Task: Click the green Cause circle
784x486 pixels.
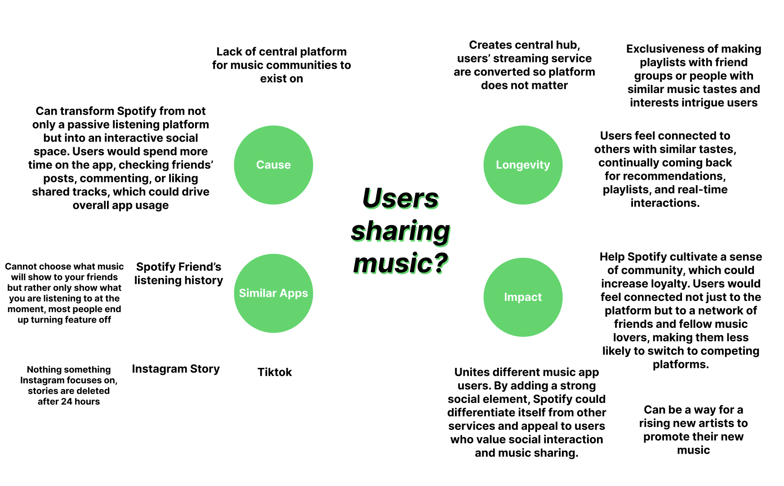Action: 273,165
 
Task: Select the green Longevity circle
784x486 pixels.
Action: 523,165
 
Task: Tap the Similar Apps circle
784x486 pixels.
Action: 273,293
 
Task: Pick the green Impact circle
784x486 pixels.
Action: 523,297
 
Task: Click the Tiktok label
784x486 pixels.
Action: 275,372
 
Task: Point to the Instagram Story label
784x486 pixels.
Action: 176,369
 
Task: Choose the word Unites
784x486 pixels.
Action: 471,372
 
